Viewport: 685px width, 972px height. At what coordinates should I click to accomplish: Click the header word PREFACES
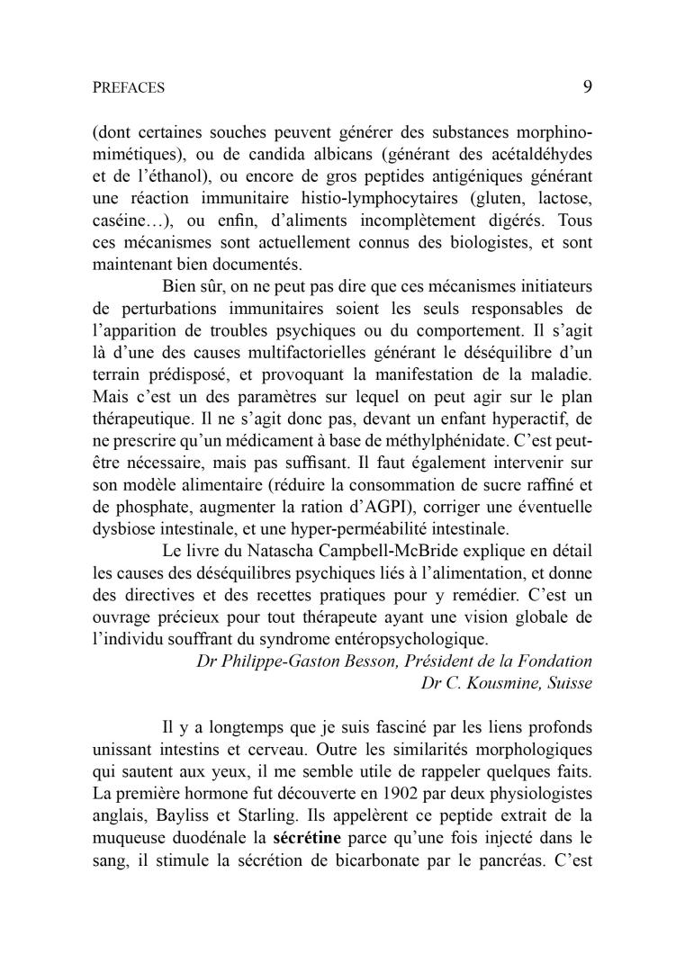[x=129, y=88]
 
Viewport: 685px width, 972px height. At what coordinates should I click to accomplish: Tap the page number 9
[x=587, y=86]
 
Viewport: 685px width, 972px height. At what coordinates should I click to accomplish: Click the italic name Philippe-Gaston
[x=288, y=661]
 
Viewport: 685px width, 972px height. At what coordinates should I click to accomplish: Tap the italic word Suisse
[x=566, y=682]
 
